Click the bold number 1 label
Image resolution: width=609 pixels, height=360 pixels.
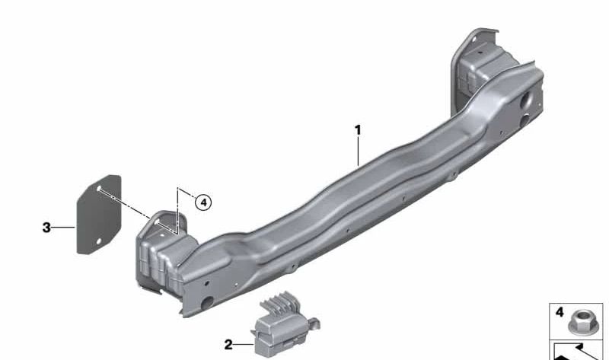358,130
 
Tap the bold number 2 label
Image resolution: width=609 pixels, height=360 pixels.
228,345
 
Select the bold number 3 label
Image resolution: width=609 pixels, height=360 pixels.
46,227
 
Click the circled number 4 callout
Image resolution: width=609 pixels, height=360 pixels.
203,202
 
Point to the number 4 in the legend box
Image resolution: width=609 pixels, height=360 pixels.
560,312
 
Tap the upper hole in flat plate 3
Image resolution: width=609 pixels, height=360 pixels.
99,188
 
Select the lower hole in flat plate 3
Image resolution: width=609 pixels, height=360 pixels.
99,241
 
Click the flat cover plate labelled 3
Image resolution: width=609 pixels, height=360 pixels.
99,215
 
